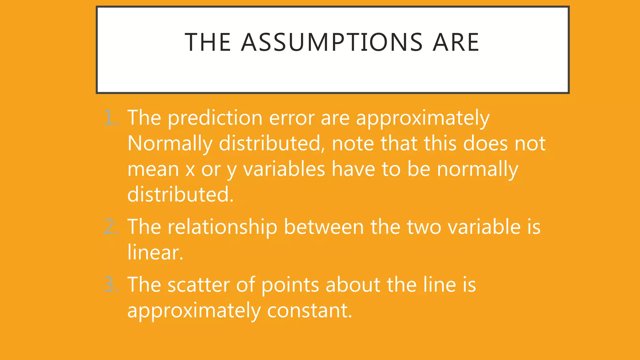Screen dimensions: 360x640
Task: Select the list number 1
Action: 110,118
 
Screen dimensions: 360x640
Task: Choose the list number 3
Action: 111,285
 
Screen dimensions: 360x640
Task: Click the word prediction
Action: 215,118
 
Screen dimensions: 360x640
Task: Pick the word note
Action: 352,144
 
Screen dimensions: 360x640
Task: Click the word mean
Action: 153,169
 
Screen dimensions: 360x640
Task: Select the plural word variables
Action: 284,169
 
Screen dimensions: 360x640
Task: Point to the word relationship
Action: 222,227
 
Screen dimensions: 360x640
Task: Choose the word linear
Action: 155,252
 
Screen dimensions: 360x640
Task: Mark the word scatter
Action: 198,285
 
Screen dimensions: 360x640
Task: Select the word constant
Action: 309,310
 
